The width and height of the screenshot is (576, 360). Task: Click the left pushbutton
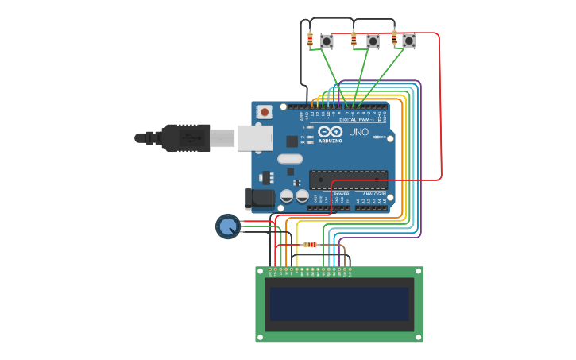click(327, 40)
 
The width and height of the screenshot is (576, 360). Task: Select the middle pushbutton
click(373, 41)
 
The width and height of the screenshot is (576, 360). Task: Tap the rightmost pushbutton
click(408, 40)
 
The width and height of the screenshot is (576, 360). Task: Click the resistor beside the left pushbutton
click(310, 39)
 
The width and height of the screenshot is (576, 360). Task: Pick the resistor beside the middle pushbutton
click(354, 39)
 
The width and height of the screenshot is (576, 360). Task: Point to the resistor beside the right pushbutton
click(394, 37)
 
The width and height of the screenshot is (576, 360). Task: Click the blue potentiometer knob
click(228, 226)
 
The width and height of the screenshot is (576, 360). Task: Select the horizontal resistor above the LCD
click(310, 244)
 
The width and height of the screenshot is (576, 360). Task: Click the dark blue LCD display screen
click(339, 304)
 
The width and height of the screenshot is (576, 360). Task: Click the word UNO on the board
click(358, 132)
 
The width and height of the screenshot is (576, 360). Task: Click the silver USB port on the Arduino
click(254, 137)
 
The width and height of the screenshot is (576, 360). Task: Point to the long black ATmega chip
click(349, 180)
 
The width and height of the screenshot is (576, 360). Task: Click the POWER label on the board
click(341, 194)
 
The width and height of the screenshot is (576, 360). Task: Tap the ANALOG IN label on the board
click(374, 194)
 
